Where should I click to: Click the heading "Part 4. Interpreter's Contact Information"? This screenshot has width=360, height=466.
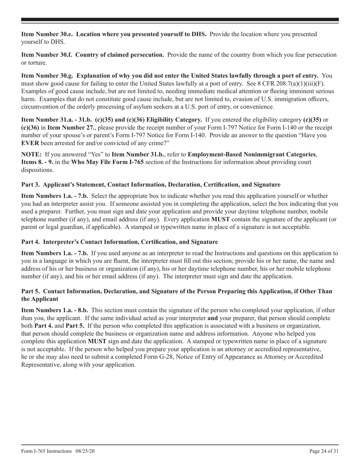click(119, 242)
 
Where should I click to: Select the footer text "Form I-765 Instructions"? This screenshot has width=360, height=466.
click(46, 451)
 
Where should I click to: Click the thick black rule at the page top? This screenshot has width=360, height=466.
click(180, 20)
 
